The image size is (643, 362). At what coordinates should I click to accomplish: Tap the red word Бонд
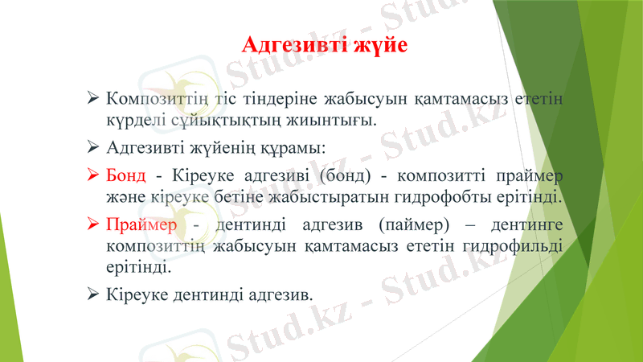click(x=125, y=175)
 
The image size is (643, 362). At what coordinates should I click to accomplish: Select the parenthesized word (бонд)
click(x=343, y=175)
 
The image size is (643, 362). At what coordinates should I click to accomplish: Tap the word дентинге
click(x=530, y=223)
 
